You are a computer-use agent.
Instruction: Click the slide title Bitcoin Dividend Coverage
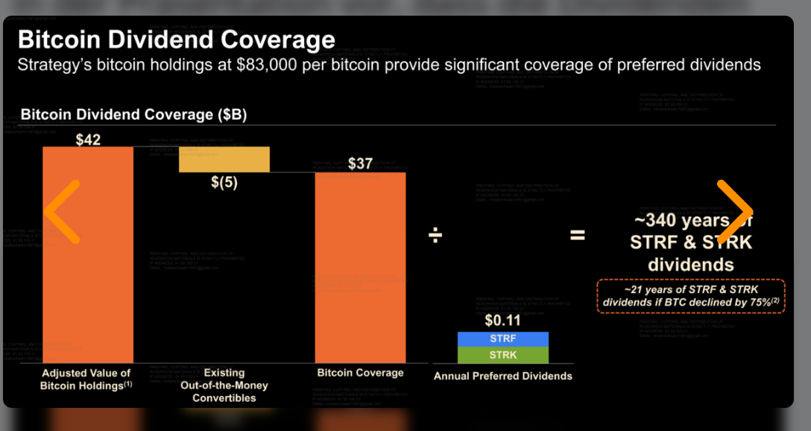(176, 40)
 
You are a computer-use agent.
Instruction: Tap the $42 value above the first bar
(88, 139)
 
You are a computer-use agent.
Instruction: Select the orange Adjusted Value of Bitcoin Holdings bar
(88, 254)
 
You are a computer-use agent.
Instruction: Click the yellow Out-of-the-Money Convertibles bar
(224, 160)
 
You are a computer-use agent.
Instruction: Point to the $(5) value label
(224, 183)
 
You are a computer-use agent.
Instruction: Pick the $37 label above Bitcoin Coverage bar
(360, 164)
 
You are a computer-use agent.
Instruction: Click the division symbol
(435, 236)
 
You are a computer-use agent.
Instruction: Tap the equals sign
(578, 236)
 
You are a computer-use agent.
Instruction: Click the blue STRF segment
(502, 339)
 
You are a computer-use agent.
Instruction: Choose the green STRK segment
(502, 355)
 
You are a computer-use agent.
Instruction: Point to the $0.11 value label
(502, 321)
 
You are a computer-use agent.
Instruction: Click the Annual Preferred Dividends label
(503, 377)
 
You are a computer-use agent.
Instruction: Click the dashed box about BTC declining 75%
(690, 296)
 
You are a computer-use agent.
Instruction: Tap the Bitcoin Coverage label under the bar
(360, 373)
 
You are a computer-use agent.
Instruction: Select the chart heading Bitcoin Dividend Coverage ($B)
(133, 116)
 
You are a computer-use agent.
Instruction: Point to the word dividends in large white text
(690, 265)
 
